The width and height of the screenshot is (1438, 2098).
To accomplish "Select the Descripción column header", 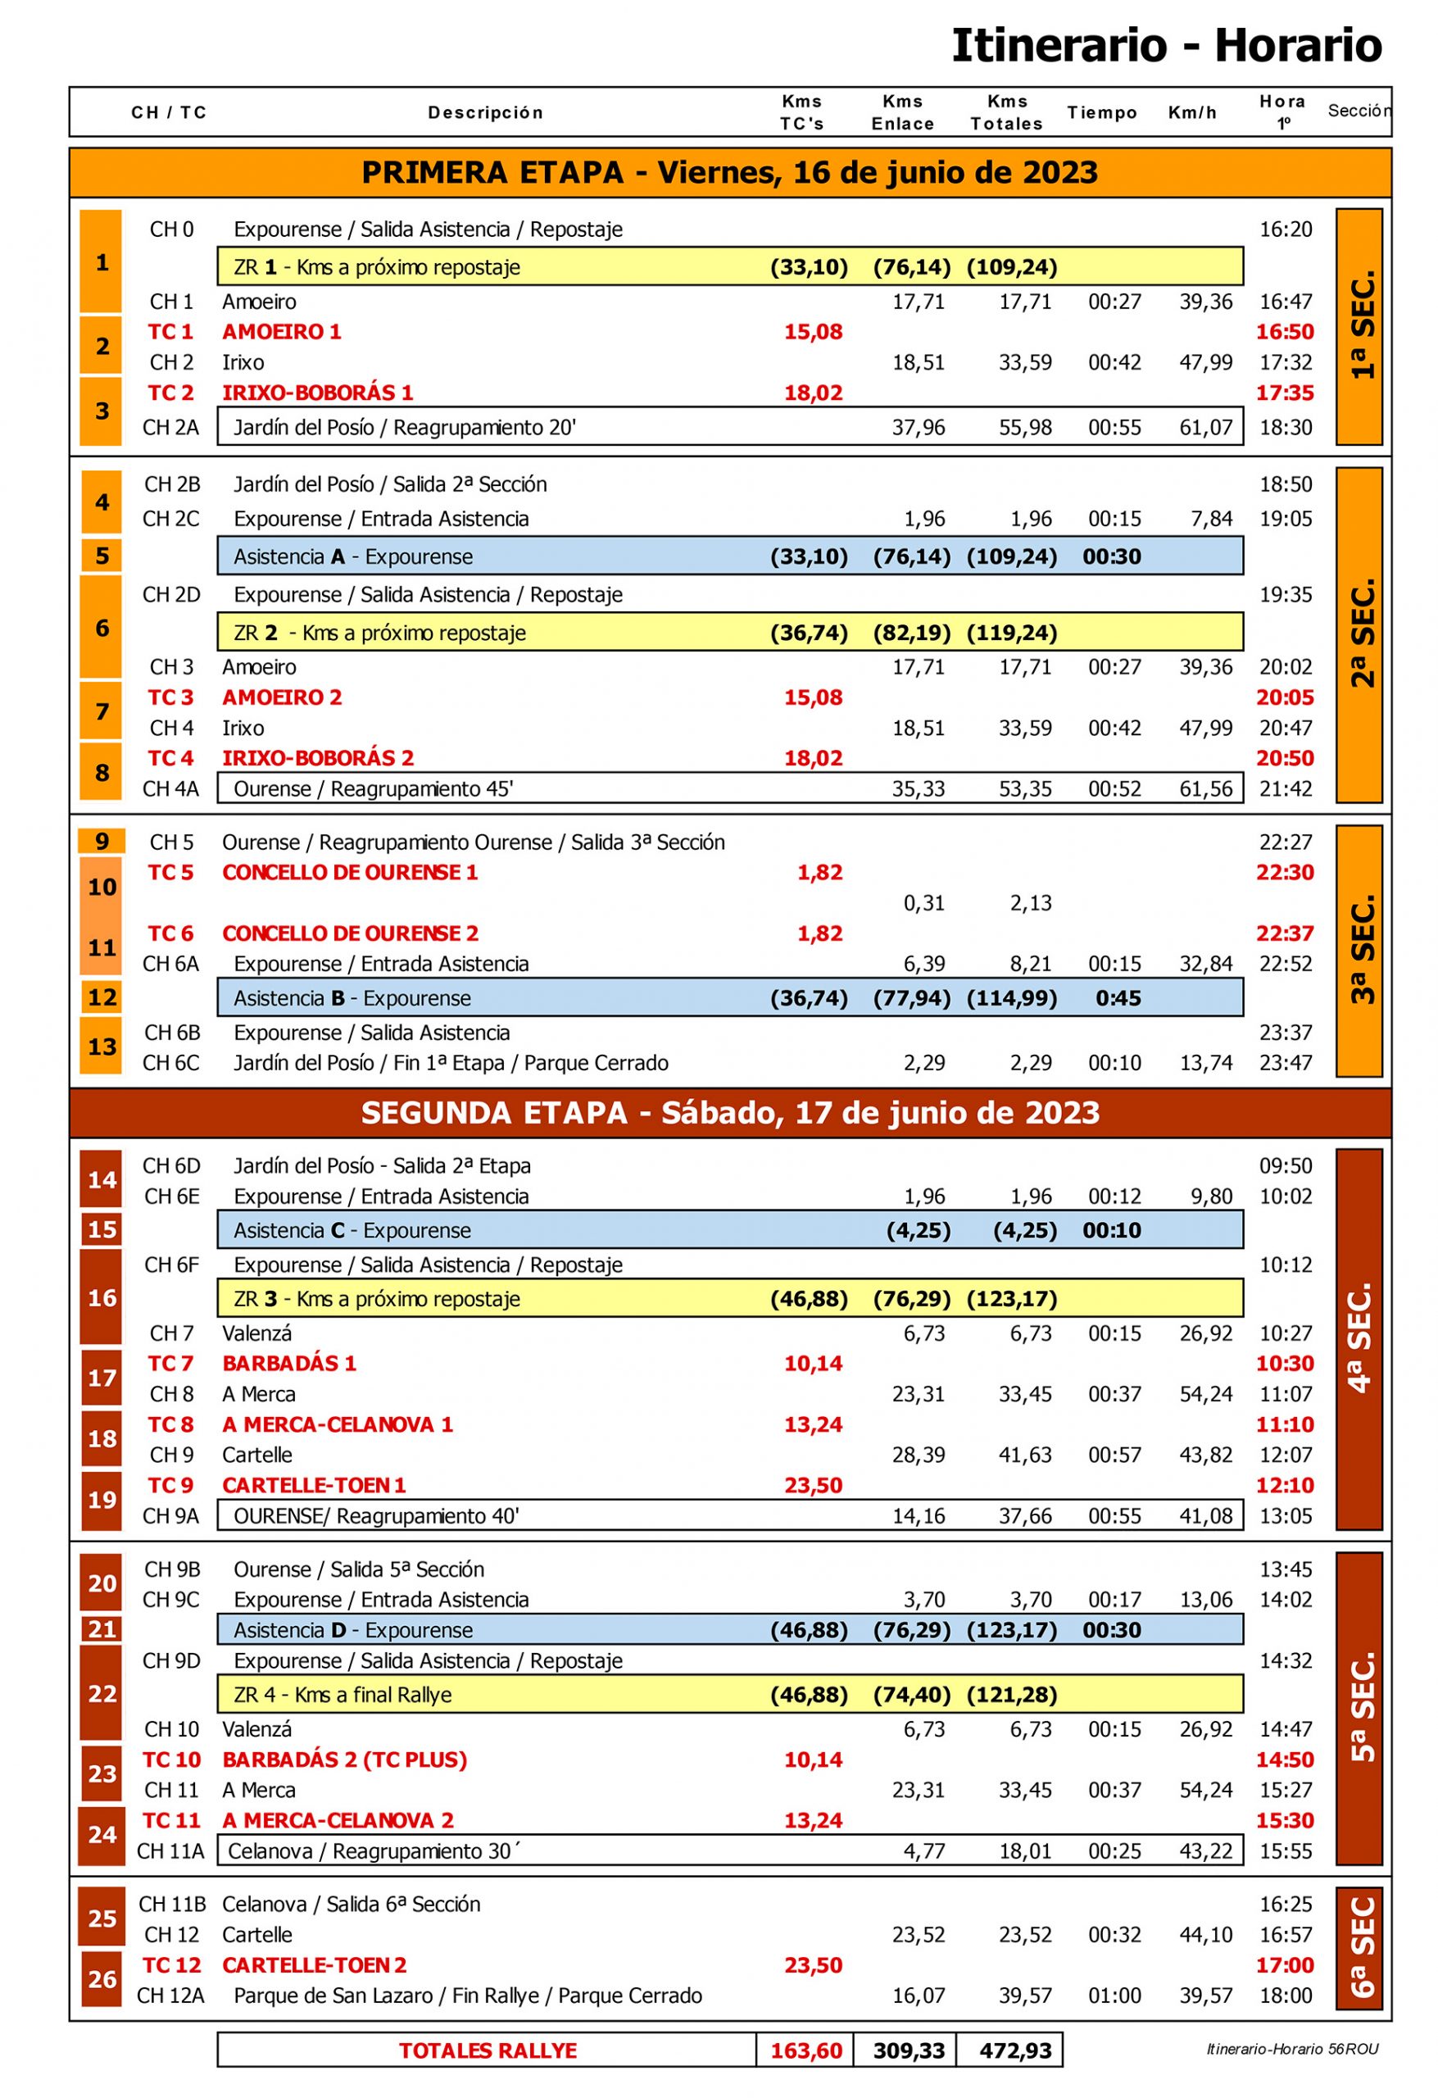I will point(485,113).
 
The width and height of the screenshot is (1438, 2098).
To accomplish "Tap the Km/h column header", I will point(1191,113).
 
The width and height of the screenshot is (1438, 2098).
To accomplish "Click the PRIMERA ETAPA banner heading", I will point(729,172).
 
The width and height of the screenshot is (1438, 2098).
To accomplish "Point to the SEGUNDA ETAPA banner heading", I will point(729,1112).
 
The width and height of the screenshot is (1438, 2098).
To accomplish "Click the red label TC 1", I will point(170,331).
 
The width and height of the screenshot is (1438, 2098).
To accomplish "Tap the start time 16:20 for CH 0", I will point(1285,229).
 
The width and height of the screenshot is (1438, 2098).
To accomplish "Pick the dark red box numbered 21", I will point(102,1628).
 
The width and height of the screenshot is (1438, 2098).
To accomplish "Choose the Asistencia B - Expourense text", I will point(352,997).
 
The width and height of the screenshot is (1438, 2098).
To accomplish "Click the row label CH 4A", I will point(170,788).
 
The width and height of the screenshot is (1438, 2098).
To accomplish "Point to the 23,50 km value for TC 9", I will point(813,1485).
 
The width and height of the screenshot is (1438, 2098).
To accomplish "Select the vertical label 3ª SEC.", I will point(1360,950).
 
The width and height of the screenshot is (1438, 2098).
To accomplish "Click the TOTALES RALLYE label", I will point(488,2050).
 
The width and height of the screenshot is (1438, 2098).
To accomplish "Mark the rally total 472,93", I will point(1014,2050).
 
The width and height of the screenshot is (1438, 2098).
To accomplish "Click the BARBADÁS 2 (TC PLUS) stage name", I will point(344,1760).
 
